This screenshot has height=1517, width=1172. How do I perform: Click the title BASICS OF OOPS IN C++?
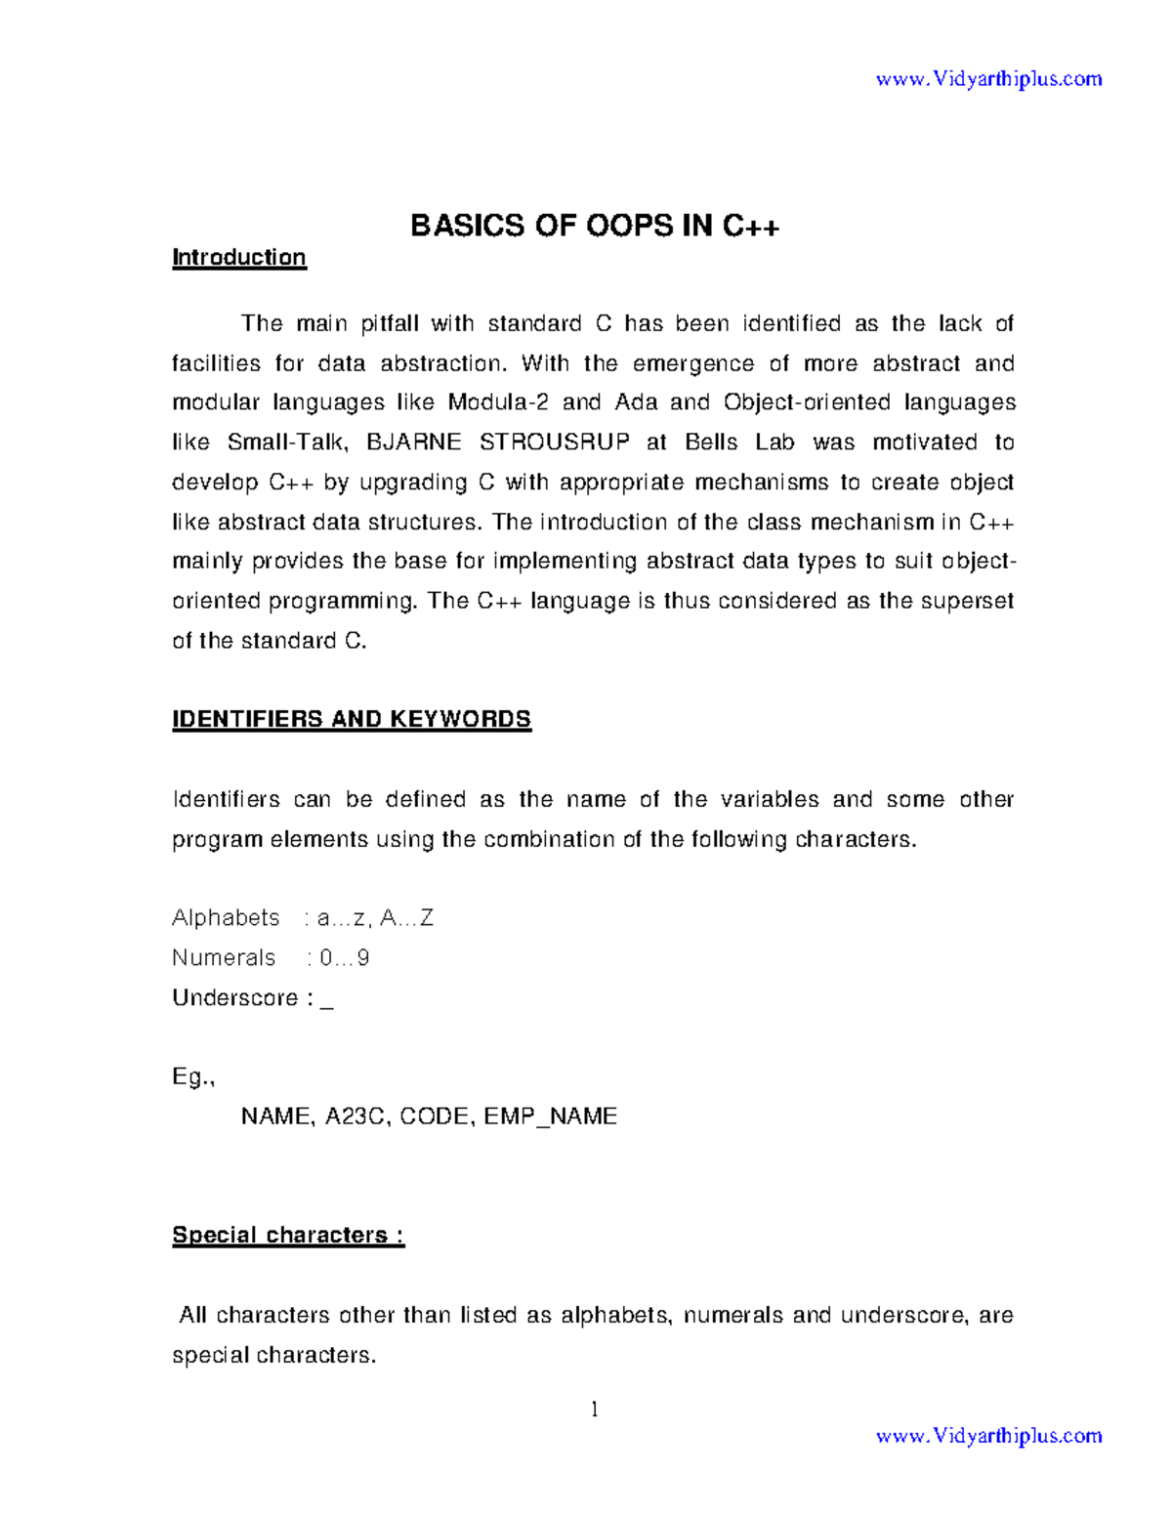(x=595, y=226)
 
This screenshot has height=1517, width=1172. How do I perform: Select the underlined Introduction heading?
(x=239, y=257)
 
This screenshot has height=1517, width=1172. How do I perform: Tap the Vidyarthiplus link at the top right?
(x=988, y=78)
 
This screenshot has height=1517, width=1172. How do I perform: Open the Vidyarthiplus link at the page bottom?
(x=988, y=1435)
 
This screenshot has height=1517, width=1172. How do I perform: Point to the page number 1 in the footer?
(x=594, y=1409)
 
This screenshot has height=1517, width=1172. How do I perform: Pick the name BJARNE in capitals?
(x=413, y=442)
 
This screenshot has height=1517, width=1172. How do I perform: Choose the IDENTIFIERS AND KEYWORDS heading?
(x=352, y=719)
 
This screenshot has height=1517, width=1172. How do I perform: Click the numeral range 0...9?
(x=344, y=958)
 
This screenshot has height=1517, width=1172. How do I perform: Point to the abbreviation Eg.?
(x=193, y=1077)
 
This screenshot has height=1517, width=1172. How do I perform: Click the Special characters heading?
(x=288, y=1235)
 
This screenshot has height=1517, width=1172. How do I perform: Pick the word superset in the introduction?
(x=969, y=601)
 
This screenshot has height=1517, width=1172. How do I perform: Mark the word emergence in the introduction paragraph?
(x=692, y=363)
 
